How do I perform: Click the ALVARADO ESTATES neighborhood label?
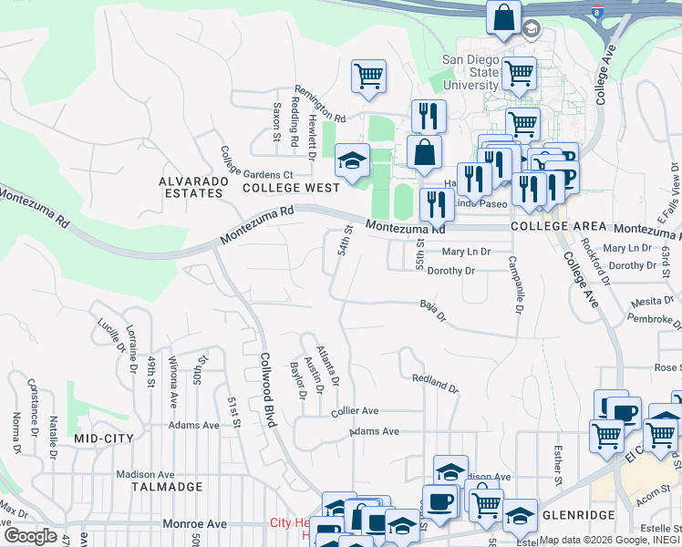click(191, 187)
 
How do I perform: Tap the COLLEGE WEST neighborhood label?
click(291, 188)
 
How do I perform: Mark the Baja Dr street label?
click(433, 312)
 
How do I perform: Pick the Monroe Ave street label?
click(194, 524)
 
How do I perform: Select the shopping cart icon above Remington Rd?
click(368, 77)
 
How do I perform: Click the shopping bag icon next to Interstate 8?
click(503, 18)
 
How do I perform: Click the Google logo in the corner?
click(29, 536)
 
